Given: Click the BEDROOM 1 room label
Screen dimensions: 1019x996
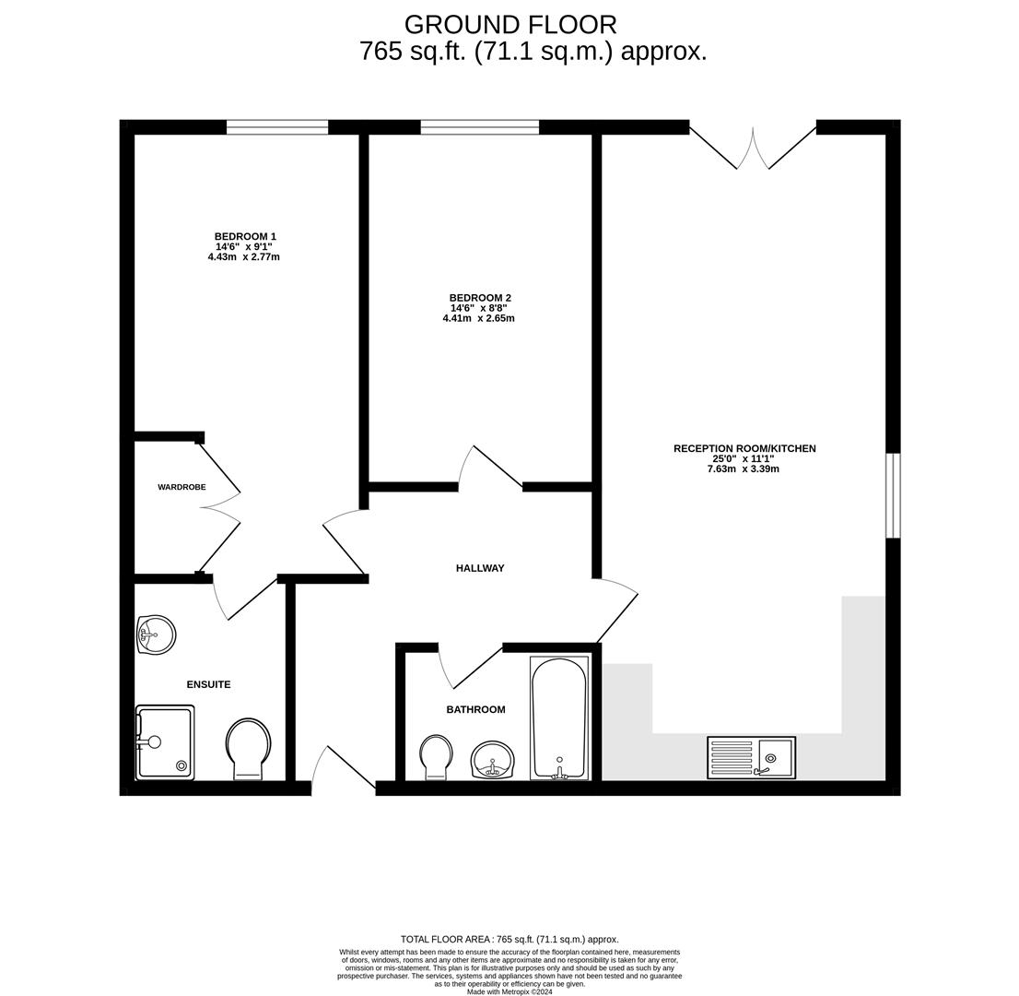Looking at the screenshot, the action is [x=245, y=236].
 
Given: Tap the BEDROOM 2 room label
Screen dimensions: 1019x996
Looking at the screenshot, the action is [x=480, y=298].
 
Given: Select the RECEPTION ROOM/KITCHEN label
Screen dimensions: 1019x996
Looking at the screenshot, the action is [x=744, y=448].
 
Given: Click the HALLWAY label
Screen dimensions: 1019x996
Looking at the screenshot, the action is [x=480, y=568].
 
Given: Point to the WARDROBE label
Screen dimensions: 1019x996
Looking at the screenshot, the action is [x=182, y=487].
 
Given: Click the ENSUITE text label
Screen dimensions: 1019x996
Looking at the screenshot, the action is [x=208, y=684].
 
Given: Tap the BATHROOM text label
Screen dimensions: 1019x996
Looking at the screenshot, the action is [x=475, y=709].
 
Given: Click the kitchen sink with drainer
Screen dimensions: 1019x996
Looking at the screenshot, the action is [x=751, y=757].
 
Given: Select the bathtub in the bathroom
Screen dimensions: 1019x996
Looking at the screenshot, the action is [x=558, y=717].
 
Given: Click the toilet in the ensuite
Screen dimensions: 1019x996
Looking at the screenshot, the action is [x=248, y=748].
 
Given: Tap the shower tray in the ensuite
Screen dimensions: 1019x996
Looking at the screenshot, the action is [x=165, y=741].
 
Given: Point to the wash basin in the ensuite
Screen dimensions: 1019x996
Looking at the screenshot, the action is [x=156, y=634].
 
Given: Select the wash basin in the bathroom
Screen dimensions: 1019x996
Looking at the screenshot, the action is [x=492, y=760].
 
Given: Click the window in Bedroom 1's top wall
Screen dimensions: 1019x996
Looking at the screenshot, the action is [x=277, y=127].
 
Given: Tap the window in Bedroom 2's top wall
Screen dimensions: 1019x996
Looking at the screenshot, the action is [x=479, y=127].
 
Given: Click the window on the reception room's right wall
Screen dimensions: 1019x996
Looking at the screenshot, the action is [x=892, y=495].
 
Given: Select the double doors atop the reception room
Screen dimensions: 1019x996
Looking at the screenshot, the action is [x=753, y=148].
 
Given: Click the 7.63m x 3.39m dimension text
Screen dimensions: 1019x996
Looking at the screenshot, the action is [x=743, y=469].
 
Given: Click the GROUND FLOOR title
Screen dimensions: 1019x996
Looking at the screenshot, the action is [x=509, y=24].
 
